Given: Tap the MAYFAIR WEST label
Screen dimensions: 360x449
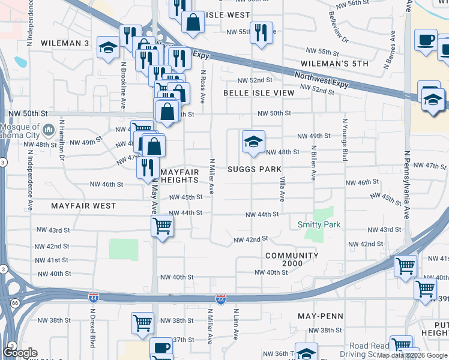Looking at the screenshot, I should (83, 206).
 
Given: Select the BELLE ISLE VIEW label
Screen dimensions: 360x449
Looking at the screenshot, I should (259, 93).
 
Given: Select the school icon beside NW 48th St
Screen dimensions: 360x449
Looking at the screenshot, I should (253, 142).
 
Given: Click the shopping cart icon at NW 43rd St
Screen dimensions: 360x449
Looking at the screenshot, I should (162, 226).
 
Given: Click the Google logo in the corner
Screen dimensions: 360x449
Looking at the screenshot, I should (20, 352).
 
